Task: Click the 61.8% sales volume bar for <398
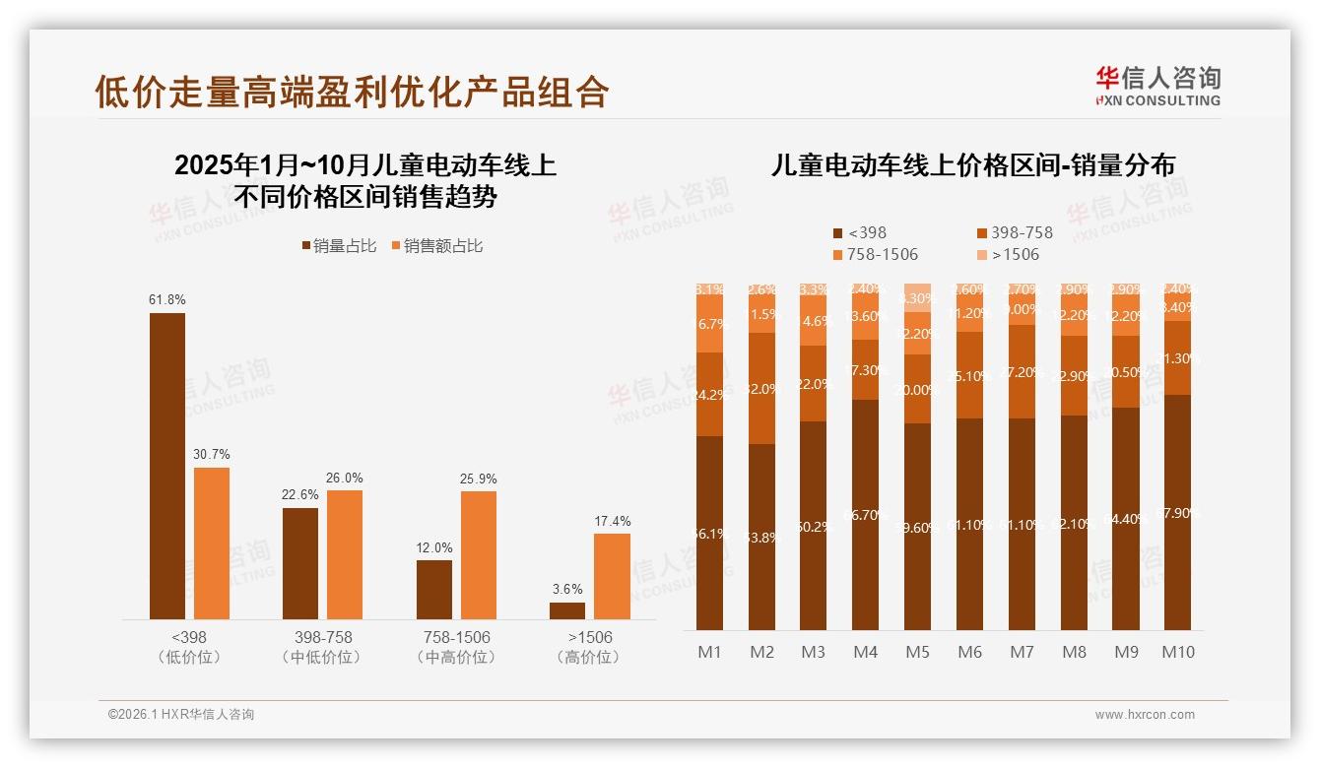tap(167, 466)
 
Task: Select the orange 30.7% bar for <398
tap(212, 543)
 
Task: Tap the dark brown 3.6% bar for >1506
tap(567, 610)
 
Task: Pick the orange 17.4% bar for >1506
tap(612, 576)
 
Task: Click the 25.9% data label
tap(479, 479)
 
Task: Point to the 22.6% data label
tap(299, 495)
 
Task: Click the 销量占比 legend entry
tap(339, 246)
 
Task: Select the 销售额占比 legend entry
tap(437, 246)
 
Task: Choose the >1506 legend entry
tap(1009, 254)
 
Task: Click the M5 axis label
tap(917, 652)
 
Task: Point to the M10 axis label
tap(1177, 652)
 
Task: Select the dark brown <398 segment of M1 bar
tap(710, 533)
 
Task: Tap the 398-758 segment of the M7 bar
tap(1022, 372)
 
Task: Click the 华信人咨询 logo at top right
tap(1157, 86)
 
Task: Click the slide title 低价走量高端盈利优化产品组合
tap(352, 92)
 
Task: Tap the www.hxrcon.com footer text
tap(1145, 715)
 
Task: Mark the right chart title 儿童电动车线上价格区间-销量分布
tap(972, 165)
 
